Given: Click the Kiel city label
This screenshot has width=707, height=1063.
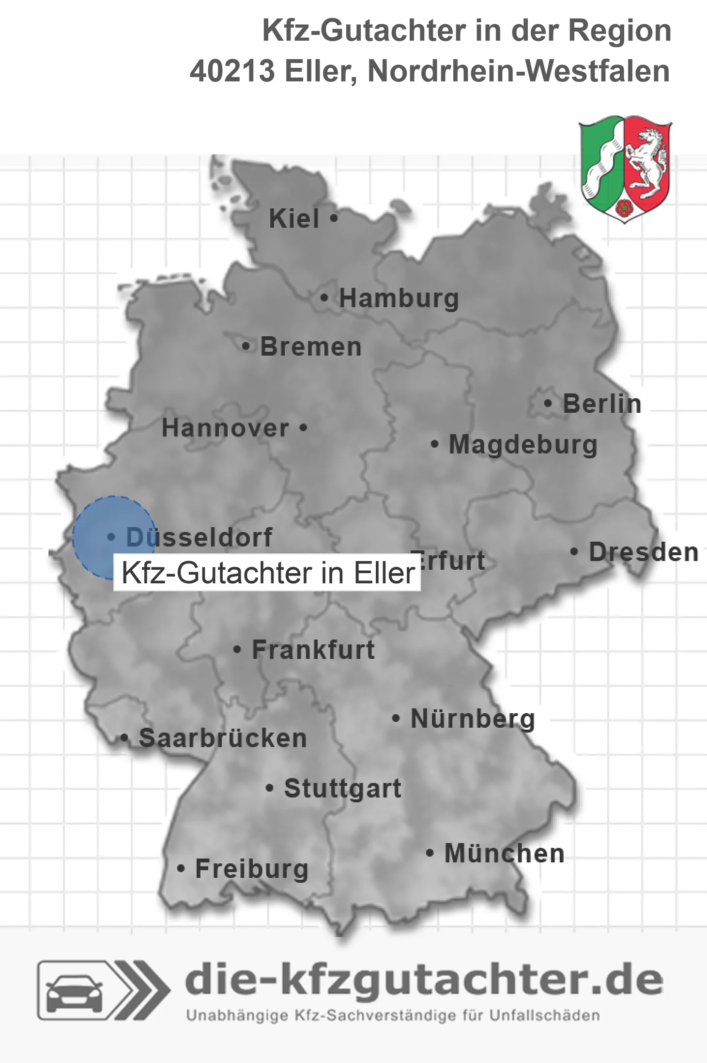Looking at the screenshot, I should [294, 219].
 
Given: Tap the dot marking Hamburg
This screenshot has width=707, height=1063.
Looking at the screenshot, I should [324, 298].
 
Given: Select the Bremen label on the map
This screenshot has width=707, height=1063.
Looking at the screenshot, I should [311, 347].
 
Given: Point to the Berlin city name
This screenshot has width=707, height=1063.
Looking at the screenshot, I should [602, 404].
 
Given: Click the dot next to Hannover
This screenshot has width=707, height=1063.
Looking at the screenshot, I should [303, 428].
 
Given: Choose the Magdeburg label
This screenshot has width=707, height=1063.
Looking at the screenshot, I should [523, 445].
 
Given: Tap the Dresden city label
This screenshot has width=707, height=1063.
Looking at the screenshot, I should [643, 552].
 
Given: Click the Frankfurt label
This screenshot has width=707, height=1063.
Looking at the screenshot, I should [313, 650].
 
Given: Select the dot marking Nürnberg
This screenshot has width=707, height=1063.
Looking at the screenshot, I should [396, 719].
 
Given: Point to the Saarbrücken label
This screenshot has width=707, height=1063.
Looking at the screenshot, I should [223, 738].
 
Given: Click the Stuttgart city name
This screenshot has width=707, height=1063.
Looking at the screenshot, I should [342, 788].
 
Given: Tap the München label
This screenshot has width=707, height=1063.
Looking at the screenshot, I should [504, 853].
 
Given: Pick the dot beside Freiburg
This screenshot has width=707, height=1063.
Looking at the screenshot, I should [181, 869].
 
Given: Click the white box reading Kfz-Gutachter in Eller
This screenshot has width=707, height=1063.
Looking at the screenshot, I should [267, 573].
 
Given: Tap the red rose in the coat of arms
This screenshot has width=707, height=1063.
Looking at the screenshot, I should [625, 207].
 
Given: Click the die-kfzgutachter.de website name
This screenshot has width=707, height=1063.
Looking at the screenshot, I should [424, 980].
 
